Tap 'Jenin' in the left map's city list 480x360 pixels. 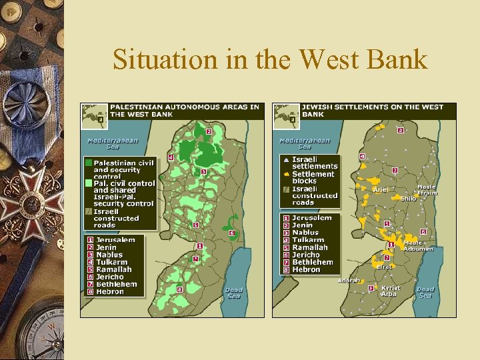pos(106,247)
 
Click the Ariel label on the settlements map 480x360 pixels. pos(380,190)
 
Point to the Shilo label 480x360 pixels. pos(408,198)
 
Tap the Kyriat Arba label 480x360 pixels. pos(391,291)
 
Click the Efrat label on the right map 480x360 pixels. pos(384,267)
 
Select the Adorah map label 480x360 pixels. pos(349,281)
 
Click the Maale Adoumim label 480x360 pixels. pos(417,245)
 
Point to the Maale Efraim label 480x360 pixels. pos(427,190)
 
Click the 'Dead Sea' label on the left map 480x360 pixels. pos(233,293)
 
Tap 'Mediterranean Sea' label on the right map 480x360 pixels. pos(305,143)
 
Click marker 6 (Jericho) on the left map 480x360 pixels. pos(231,233)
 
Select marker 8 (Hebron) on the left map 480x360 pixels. pos(179,289)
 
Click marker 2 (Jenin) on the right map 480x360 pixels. pos(400,129)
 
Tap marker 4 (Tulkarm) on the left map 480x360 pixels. pos(171,157)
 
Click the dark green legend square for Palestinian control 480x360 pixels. pos(88,162)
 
